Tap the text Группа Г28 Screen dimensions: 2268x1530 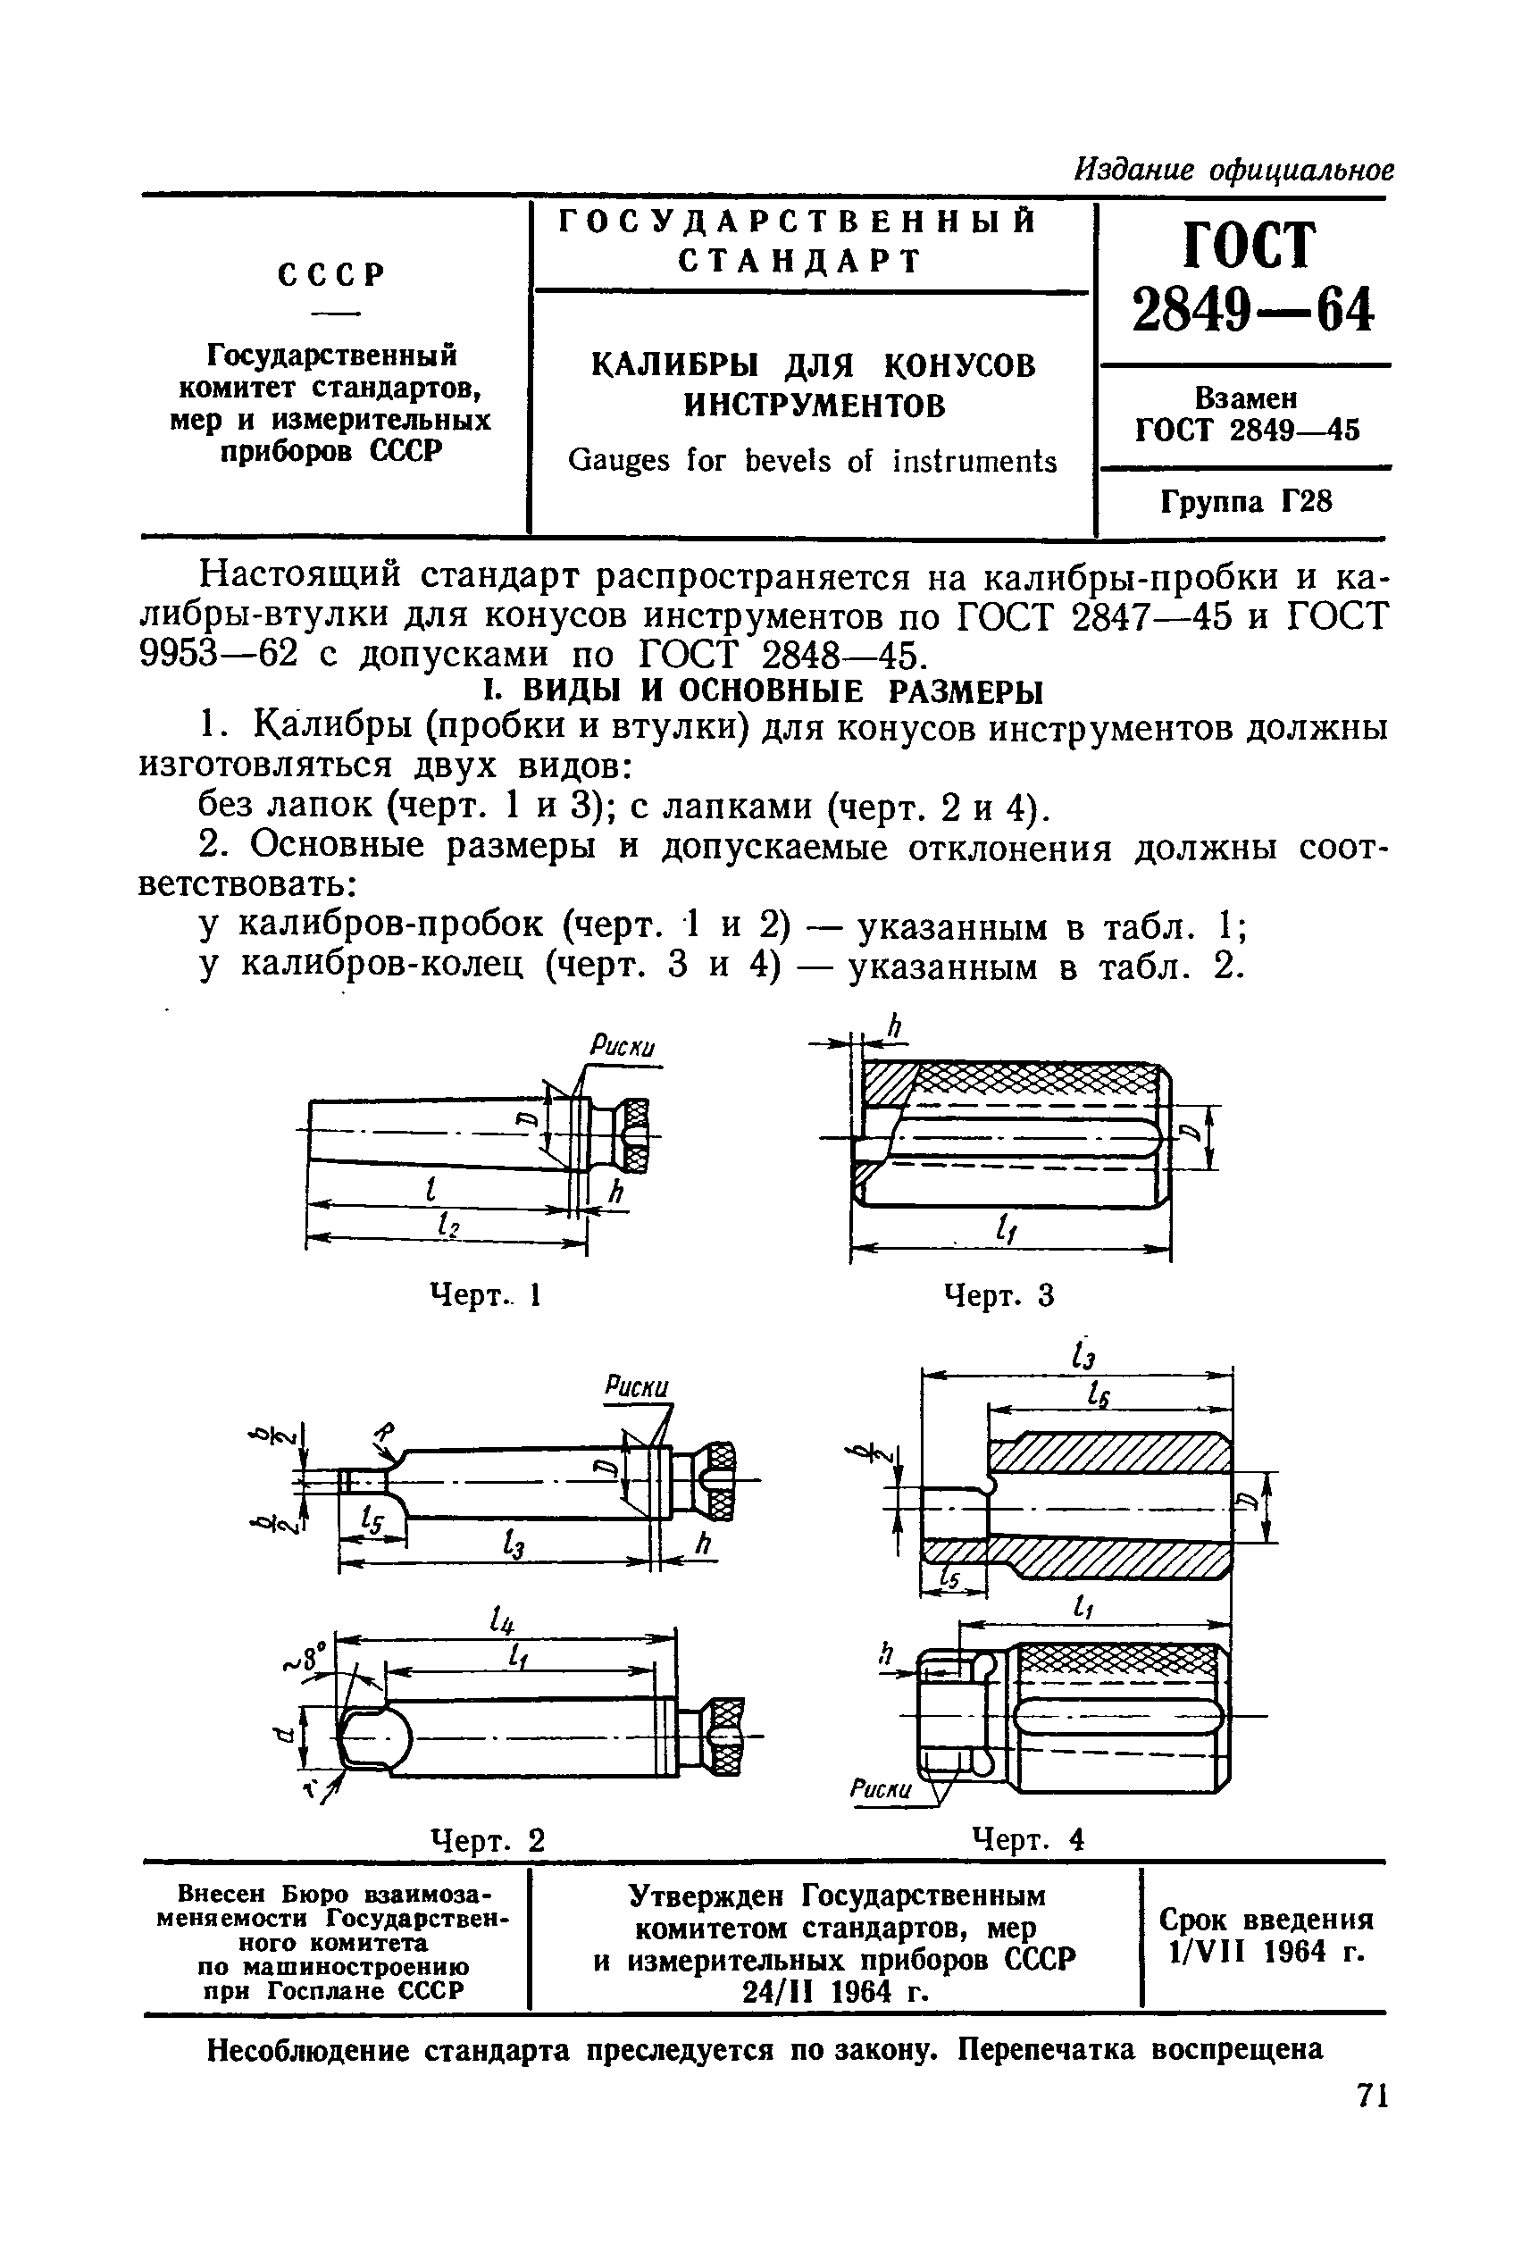1245,503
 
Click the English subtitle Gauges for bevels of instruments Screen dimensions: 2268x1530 812,461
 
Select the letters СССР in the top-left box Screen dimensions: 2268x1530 331,275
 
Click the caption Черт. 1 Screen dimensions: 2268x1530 485,1295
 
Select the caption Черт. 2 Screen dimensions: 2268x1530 487,1840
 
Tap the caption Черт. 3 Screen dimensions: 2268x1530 999,1295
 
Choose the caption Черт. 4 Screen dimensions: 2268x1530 1028,1840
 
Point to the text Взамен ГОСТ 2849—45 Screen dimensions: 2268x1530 1246,414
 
